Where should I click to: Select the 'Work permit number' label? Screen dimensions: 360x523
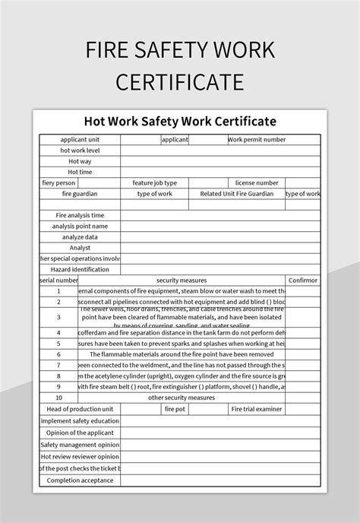pyautogui.click(x=257, y=140)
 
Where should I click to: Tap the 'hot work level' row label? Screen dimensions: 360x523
pyautogui.click(x=80, y=151)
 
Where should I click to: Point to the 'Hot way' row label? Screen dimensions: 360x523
pyautogui.click(x=80, y=161)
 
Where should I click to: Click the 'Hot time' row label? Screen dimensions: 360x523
pyautogui.click(x=80, y=172)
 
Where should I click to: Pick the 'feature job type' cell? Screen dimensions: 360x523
pyautogui.click(x=154, y=183)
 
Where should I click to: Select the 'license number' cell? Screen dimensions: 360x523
pyautogui.click(x=257, y=183)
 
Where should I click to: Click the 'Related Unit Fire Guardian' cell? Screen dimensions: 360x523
pyautogui.click(x=236, y=194)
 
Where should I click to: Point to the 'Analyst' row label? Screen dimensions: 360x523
pyautogui.click(x=80, y=248)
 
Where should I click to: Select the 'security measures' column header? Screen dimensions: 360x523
pyautogui.click(x=182, y=281)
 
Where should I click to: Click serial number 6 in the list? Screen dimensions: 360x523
pyautogui.click(x=58, y=354)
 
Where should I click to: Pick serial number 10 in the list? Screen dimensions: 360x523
pyautogui.click(x=58, y=398)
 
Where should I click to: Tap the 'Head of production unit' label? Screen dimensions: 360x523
pyautogui.click(x=80, y=409)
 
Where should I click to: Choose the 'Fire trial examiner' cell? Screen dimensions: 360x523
pyautogui.click(x=257, y=409)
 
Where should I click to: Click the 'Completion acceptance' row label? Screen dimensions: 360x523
pyautogui.click(x=80, y=480)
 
